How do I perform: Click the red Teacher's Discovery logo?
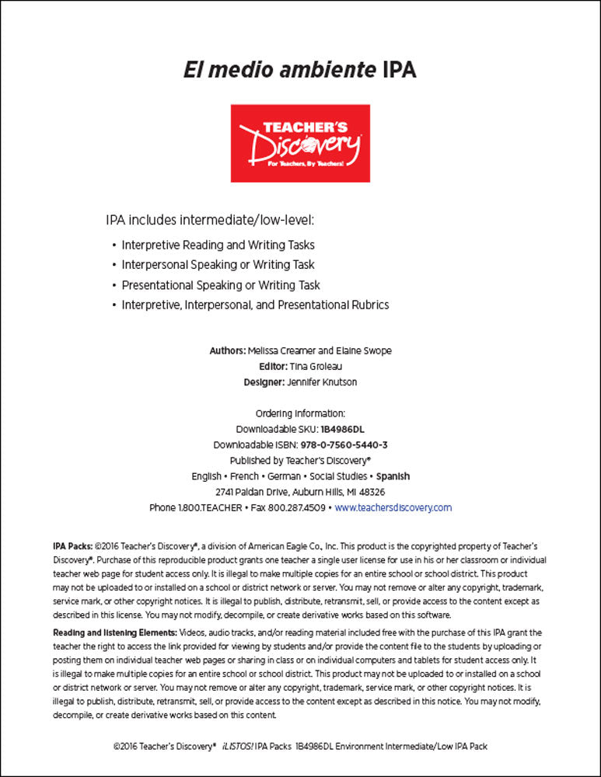pos(300,144)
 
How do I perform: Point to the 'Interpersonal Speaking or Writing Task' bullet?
pos(218,265)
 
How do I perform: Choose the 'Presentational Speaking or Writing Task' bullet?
pos(221,285)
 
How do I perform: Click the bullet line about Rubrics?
pos(255,305)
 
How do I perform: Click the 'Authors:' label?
pos(227,351)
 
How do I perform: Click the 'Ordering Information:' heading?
pos(300,413)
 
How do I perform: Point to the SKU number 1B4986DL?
pos(342,429)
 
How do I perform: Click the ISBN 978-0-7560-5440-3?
pos(348,445)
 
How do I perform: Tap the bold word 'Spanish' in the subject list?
pos(393,476)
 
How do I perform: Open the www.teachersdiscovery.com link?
pos(393,507)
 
